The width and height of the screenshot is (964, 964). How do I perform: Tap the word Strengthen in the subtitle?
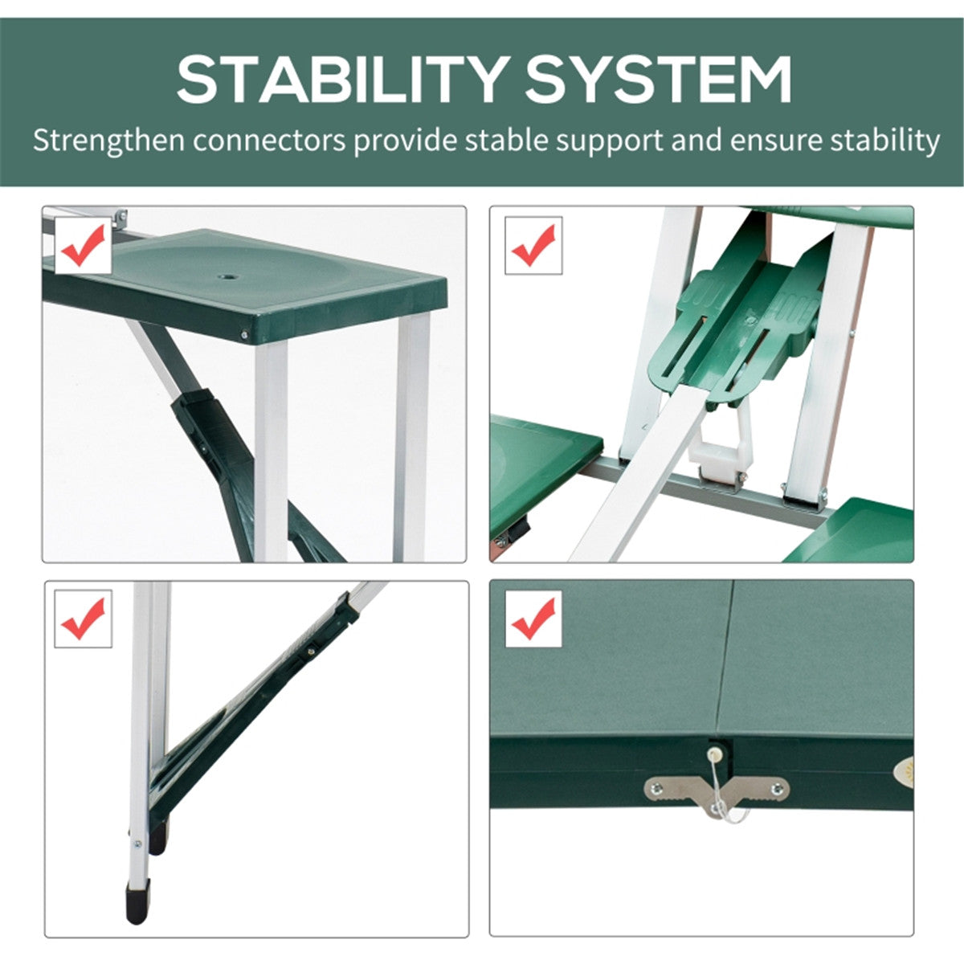[x=109, y=141]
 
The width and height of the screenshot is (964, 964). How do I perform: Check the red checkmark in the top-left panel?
[x=84, y=245]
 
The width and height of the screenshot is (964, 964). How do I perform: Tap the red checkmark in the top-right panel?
[x=533, y=245]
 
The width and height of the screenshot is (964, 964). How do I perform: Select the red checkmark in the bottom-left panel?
[x=83, y=619]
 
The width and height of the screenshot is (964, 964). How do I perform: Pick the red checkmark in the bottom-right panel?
[x=533, y=619]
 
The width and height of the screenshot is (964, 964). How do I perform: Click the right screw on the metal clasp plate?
[x=776, y=789]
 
